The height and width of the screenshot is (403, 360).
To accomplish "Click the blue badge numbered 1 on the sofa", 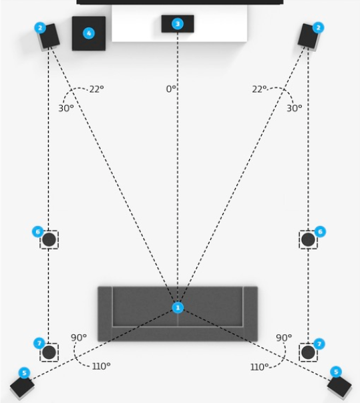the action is click(178, 307).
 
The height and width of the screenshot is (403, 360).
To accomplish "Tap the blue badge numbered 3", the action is click(178, 24).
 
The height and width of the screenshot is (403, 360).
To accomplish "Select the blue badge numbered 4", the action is click(89, 33).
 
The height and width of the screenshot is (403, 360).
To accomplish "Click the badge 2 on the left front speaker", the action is click(40, 28).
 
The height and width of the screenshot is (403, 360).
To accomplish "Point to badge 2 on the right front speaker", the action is click(318, 27).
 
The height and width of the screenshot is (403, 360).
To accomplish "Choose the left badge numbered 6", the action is click(38, 231).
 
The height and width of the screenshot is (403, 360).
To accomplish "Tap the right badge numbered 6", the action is click(320, 231).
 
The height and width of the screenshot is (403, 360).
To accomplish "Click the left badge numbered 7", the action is click(39, 344).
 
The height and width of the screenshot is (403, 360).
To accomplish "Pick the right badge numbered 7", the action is click(319, 344).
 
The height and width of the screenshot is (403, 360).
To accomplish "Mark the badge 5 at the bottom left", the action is click(25, 373).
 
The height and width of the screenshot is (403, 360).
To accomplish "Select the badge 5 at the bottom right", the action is click(336, 372).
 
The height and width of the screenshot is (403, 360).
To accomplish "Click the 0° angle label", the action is click(171, 89).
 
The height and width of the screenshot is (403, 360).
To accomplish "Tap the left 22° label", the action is click(97, 89).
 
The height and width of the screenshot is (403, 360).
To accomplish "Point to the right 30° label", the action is click(295, 108).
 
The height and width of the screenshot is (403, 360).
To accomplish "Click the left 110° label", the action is click(101, 366).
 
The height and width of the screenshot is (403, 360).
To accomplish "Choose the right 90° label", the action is click(284, 338).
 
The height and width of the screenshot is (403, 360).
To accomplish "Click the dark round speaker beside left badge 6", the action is click(49, 239).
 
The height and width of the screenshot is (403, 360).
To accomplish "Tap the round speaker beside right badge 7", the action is click(308, 352).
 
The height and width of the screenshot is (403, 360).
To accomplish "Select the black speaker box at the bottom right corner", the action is click(339, 386).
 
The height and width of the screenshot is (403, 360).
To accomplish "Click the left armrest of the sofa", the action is click(105, 313).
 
